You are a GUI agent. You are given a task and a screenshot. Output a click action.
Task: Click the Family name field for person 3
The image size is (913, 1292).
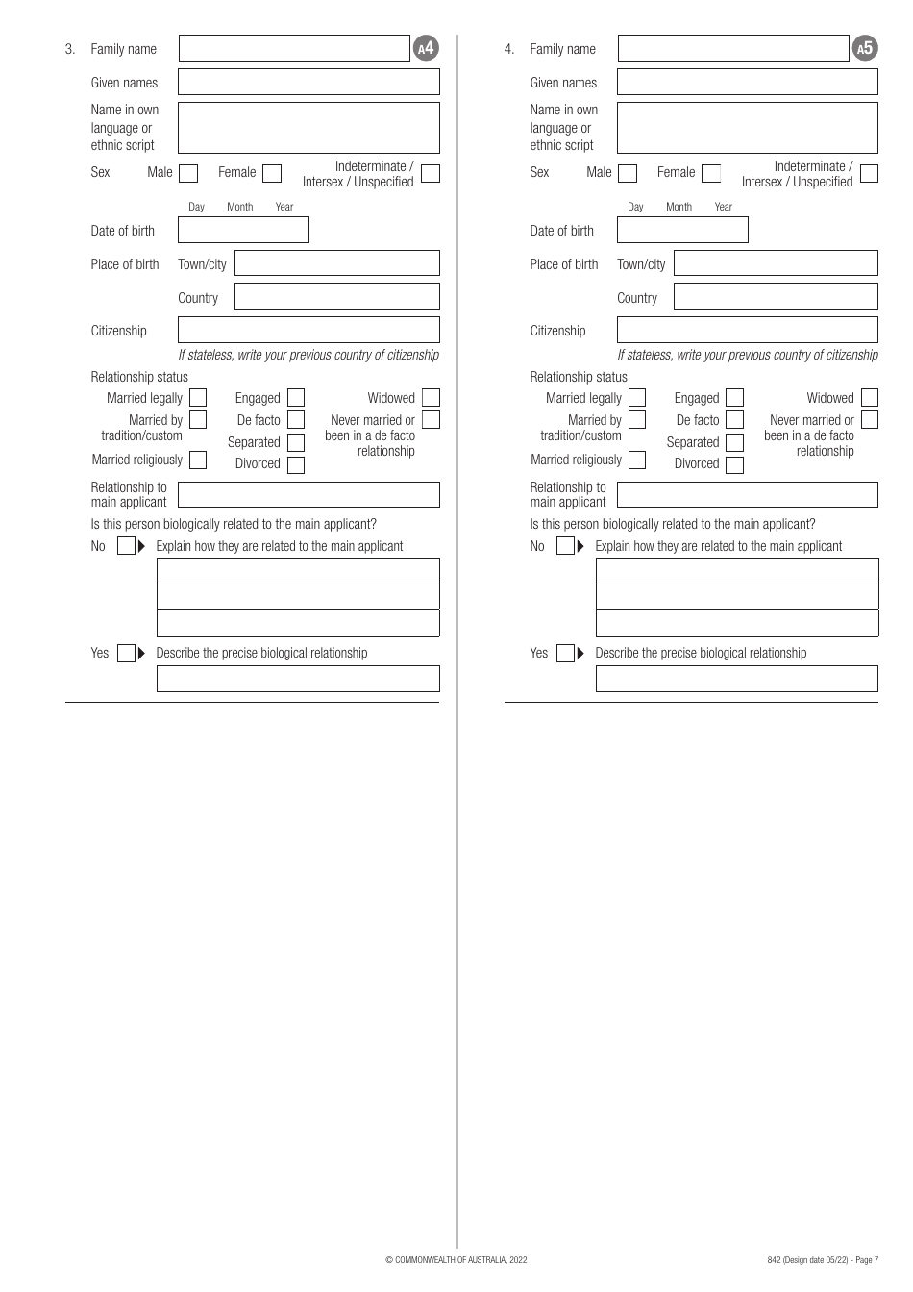pos(294,48)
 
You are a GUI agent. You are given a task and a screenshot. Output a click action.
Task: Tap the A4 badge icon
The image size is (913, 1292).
pos(426,48)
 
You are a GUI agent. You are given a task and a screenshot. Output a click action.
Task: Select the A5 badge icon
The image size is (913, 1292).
pos(865,48)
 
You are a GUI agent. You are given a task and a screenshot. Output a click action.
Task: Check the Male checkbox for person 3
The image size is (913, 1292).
pos(188,173)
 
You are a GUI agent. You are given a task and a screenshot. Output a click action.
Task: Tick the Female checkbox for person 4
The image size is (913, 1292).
pos(711,173)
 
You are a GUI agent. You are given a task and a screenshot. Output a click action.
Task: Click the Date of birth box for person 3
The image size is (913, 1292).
pos(243,230)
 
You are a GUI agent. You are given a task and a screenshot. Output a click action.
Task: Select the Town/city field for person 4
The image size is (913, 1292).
pos(776,263)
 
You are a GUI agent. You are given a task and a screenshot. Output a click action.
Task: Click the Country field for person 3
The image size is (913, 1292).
pos(336,296)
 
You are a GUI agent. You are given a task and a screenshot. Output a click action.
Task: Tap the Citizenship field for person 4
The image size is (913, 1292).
pos(747,330)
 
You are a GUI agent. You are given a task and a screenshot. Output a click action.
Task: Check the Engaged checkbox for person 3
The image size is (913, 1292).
pos(296,397)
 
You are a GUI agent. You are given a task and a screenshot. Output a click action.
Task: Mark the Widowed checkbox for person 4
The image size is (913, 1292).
pos(870,397)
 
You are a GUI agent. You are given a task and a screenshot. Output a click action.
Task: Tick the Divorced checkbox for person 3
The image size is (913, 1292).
pos(296,464)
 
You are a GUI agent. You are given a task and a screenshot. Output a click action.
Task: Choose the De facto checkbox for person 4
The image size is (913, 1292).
pos(735,419)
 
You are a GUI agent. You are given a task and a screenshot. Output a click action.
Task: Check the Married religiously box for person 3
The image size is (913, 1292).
pos(198,460)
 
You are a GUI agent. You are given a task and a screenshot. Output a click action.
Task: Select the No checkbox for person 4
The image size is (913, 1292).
pos(565,546)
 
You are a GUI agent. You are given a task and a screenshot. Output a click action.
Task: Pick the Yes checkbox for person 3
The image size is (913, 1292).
pos(126,654)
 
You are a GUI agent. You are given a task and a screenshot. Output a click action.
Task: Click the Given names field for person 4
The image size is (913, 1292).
pos(747,82)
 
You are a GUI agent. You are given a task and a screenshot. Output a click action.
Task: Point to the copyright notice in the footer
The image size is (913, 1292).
pos(456,1259)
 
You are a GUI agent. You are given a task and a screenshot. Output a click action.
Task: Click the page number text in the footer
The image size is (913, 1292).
pos(823,1259)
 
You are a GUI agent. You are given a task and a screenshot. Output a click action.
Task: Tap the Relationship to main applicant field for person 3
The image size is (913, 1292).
pos(308,494)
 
